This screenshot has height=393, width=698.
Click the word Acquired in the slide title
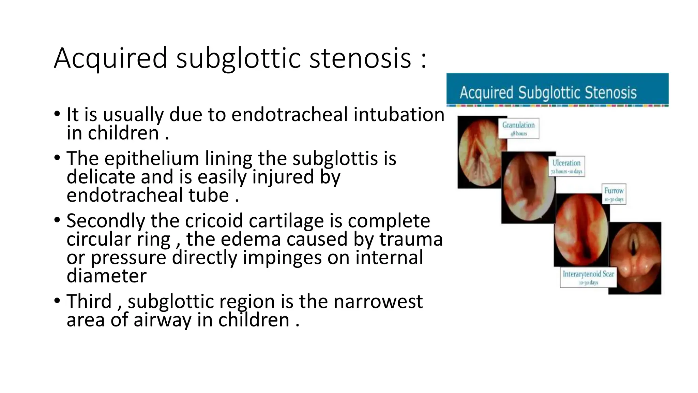(x=110, y=59)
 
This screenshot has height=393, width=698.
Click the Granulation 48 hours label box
(x=518, y=128)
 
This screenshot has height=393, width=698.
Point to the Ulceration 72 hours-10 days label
(x=566, y=166)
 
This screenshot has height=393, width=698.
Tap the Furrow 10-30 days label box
(x=614, y=194)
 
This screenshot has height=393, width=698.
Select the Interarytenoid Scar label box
(x=588, y=277)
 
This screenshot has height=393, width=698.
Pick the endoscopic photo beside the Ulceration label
(x=528, y=188)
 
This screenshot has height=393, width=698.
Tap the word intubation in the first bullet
(x=399, y=115)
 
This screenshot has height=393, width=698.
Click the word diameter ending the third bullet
(x=106, y=276)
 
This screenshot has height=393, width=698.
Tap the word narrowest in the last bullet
(x=378, y=302)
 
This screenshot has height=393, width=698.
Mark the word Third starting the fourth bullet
(x=89, y=302)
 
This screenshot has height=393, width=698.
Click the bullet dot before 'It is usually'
(x=57, y=114)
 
